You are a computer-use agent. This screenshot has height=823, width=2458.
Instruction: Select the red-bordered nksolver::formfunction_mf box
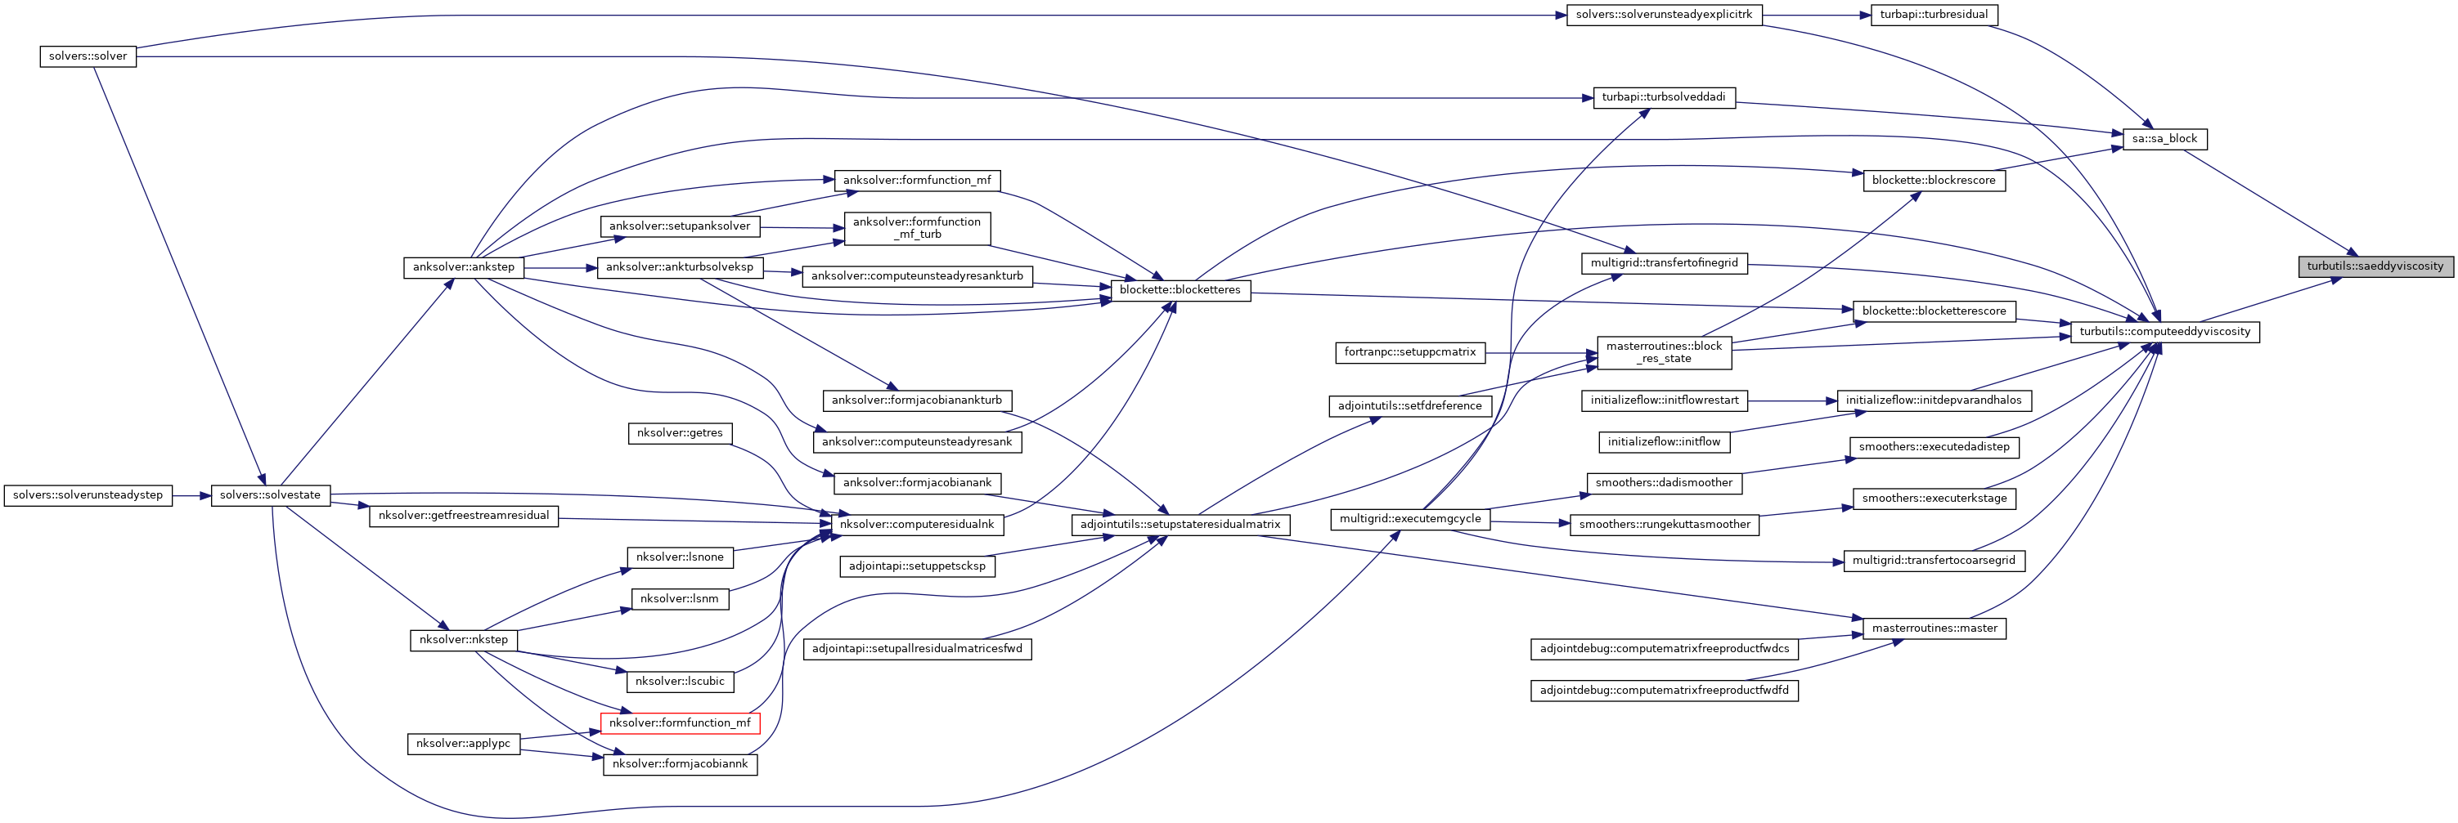coord(680,722)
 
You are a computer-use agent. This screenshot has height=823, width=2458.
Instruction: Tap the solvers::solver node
coord(88,56)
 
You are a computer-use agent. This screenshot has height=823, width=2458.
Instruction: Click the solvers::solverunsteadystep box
coord(88,495)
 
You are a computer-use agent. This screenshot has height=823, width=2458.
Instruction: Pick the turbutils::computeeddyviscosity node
coord(2164,332)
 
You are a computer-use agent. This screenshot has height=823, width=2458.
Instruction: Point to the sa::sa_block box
coord(2164,139)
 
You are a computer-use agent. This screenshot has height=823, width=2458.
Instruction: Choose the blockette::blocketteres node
coord(1180,290)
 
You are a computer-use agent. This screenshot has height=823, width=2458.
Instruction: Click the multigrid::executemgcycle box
coord(1409,519)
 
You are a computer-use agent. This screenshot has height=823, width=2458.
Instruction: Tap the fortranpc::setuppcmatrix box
coord(1409,353)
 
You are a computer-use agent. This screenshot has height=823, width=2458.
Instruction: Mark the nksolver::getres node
coord(680,433)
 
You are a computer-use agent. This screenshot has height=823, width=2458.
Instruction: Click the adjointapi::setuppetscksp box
coord(916,566)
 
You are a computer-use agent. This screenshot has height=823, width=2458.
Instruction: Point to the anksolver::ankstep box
coord(463,267)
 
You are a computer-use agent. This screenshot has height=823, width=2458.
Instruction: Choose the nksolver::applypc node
coord(463,744)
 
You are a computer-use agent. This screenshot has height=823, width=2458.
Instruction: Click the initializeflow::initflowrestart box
coord(1663,400)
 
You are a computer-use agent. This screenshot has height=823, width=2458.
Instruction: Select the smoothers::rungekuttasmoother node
coord(1663,525)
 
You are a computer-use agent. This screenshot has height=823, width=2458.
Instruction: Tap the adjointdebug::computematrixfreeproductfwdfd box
coord(1663,691)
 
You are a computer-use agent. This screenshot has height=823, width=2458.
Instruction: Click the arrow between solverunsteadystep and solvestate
coord(191,495)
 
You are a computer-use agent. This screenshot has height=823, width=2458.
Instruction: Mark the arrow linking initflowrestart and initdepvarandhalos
coord(1792,400)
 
